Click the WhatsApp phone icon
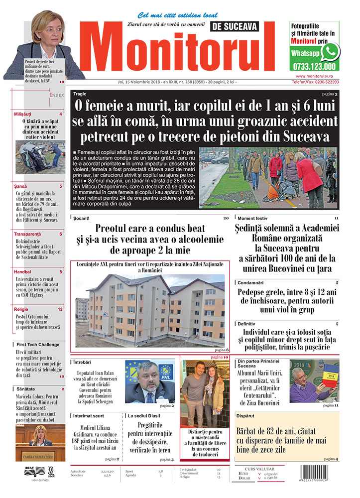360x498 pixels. coord(330,51)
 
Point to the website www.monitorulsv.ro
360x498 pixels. coord(316,76)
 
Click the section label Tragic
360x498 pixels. coord(80,94)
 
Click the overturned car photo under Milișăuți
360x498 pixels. coord(39,156)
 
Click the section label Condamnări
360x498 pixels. coord(251,283)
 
